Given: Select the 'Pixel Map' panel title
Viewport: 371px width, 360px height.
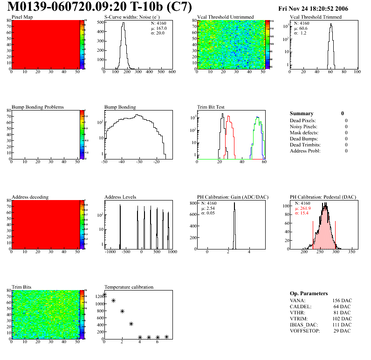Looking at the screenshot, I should [22, 17].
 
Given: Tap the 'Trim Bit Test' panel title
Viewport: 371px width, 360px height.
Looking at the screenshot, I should [211, 107].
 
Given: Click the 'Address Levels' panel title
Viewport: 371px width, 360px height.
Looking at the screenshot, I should [120, 197].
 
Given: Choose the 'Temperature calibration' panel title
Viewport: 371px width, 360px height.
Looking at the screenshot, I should [129, 287].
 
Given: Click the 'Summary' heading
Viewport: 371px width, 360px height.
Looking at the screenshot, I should [302, 113].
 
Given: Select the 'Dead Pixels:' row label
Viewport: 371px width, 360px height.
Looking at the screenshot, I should [303, 120].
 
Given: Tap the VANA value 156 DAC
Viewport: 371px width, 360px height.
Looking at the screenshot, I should [342, 300].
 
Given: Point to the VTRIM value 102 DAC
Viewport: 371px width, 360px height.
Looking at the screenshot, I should [342, 318].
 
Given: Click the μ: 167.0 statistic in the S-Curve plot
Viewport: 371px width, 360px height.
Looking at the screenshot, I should [158, 28].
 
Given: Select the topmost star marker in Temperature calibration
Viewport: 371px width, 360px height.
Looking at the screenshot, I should [104, 295].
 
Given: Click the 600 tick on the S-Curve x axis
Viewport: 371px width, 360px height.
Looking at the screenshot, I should [172, 72].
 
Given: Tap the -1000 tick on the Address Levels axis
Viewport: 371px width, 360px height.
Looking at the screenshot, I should [110, 252].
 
